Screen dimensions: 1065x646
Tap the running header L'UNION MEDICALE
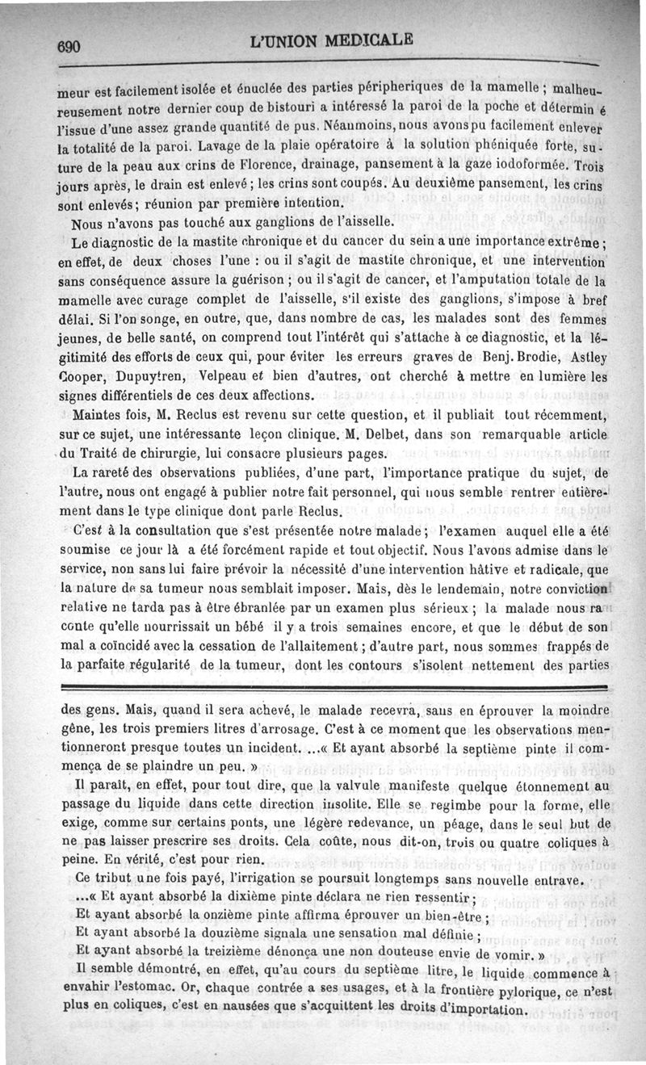(332, 39)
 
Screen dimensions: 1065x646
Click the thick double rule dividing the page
(333, 687)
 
